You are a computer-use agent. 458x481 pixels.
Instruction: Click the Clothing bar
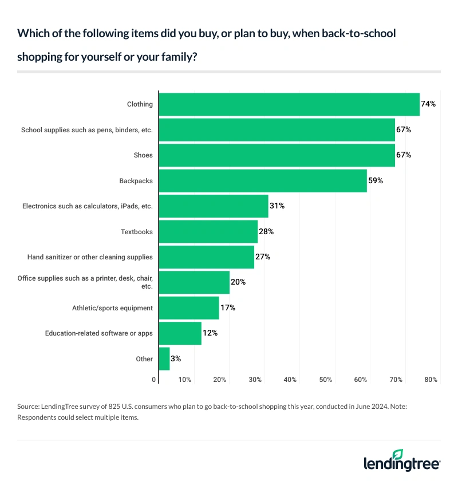pyautogui.click(x=289, y=104)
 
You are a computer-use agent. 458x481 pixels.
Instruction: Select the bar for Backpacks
pyautogui.click(x=263, y=180)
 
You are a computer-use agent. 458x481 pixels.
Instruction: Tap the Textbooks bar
pyautogui.click(x=208, y=231)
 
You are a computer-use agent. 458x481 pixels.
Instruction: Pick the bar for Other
pyautogui.click(x=164, y=358)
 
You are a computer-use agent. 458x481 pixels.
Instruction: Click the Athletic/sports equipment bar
pyautogui.click(x=189, y=307)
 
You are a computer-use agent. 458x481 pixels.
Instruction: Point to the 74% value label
pyautogui.click(x=429, y=104)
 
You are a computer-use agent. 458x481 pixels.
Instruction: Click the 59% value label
pyautogui.click(x=376, y=180)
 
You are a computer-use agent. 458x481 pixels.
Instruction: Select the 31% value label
pyautogui.click(x=277, y=206)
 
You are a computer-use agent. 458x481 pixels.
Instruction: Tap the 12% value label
pyautogui.click(x=210, y=333)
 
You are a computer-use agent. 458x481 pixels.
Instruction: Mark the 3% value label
pyautogui.click(x=176, y=358)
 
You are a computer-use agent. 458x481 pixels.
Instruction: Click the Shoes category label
pyautogui.click(x=143, y=155)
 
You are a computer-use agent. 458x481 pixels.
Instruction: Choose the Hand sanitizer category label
pyautogui.click(x=90, y=257)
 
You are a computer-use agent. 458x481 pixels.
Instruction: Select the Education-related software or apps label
pyautogui.click(x=98, y=333)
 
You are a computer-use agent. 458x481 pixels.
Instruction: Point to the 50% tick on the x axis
pyautogui.click(x=326, y=380)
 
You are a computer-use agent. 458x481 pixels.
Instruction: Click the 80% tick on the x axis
pyautogui.click(x=431, y=380)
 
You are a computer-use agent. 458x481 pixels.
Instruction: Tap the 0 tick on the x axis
pyautogui.click(x=153, y=380)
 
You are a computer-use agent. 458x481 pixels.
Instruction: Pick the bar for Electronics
pyautogui.click(x=214, y=206)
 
